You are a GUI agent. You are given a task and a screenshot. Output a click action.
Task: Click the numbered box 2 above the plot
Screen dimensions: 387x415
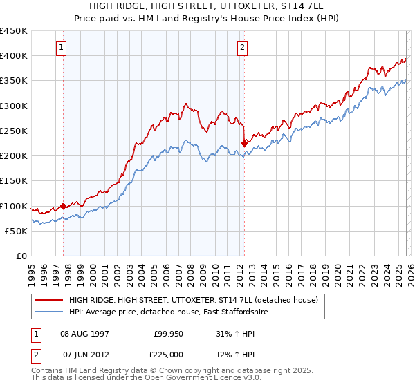(243, 48)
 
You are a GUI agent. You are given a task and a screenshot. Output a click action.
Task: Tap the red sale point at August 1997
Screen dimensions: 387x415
(63, 206)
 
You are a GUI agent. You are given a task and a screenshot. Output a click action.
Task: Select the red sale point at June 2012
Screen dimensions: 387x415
(243, 143)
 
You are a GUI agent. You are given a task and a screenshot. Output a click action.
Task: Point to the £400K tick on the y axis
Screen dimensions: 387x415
(14, 56)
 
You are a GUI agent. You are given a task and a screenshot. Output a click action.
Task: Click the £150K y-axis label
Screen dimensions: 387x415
(14, 180)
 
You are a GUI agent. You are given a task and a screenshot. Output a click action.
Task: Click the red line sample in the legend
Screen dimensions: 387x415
(49, 300)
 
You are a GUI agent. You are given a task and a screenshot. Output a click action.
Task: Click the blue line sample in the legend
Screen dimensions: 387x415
(49, 312)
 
